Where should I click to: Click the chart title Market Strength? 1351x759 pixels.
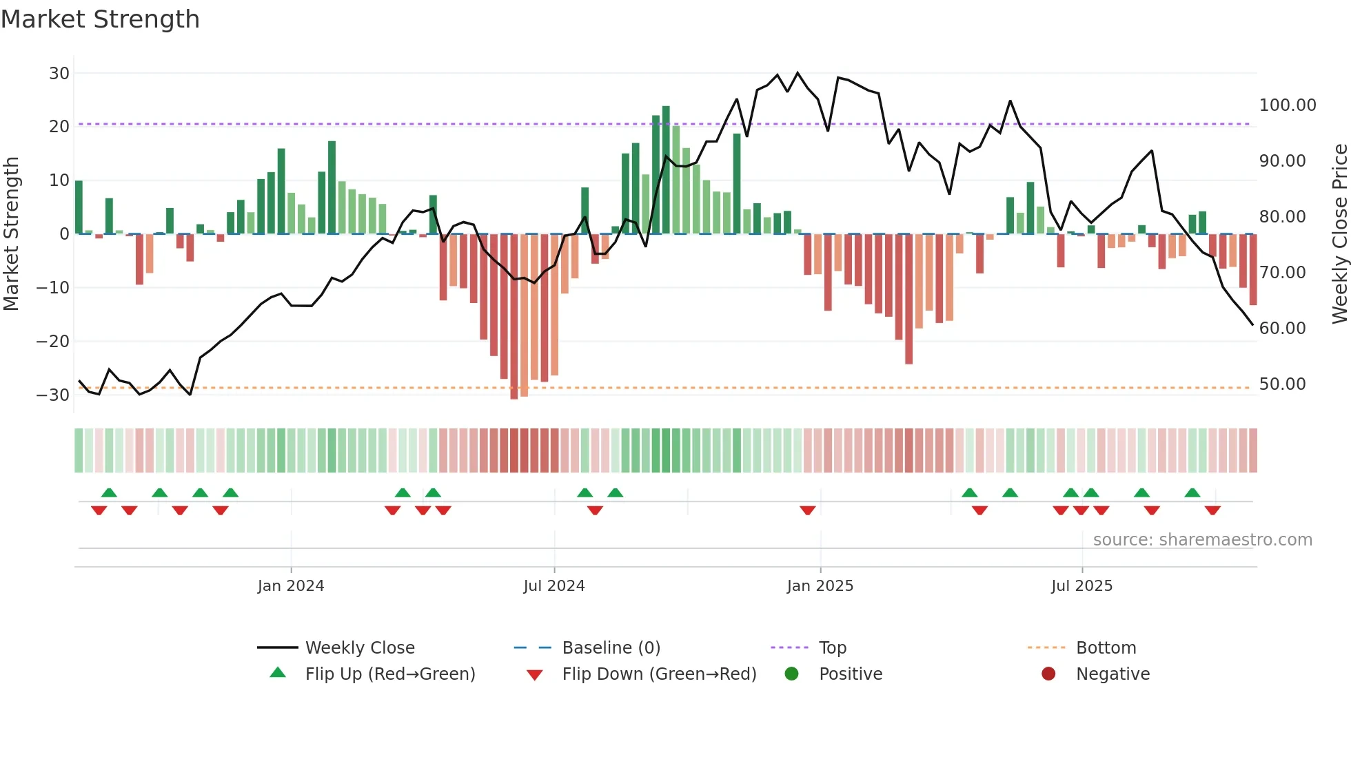(x=100, y=19)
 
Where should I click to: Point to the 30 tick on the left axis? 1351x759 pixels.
(x=59, y=73)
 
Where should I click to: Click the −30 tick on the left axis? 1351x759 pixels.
(x=53, y=395)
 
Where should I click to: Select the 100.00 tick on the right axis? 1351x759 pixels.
(x=1287, y=105)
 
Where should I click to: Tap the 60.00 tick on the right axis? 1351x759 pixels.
(x=1282, y=329)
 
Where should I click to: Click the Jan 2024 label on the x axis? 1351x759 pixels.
(x=290, y=586)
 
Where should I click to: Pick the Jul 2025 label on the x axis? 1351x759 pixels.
(x=1081, y=586)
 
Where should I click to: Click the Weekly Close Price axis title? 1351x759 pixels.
(x=1339, y=233)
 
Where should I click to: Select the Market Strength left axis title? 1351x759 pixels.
(x=11, y=233)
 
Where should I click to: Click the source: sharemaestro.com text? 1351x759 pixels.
(x=1202, y=540)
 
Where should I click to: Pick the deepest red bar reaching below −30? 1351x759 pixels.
(x=514, y=317)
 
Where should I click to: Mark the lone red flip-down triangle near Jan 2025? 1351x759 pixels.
(x=807, y=510)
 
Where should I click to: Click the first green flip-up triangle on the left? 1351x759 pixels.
(x=109, y=492)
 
